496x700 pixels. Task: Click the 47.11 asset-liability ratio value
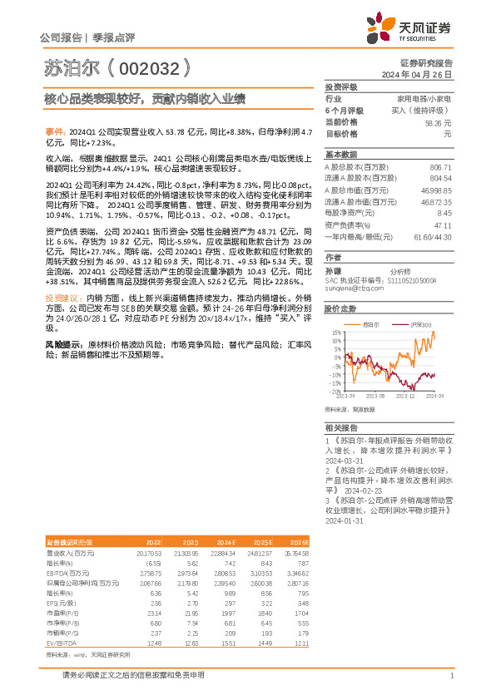[x=443, y=224]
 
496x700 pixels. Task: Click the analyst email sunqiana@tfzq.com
[x=349, y=289]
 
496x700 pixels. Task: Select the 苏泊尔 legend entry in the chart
[x=374, y=324]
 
